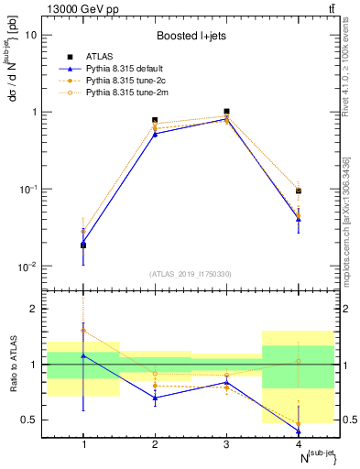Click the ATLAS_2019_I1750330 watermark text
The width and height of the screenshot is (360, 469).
click(191, 274)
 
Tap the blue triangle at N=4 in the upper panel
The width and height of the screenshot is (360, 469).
click(298, 219)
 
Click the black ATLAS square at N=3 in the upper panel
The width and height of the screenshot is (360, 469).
click(226, 112)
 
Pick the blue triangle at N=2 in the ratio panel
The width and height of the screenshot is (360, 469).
click(155, 398)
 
